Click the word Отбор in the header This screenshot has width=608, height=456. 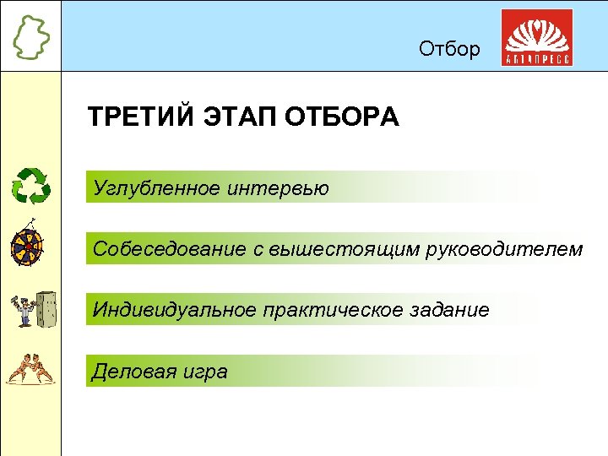click(449, 49)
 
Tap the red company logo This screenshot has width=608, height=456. click(537, 38)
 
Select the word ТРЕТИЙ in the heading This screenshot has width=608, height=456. click(140, 117)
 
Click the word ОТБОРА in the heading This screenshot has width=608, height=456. click(344, 117)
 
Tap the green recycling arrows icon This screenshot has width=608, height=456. click(30, 186)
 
